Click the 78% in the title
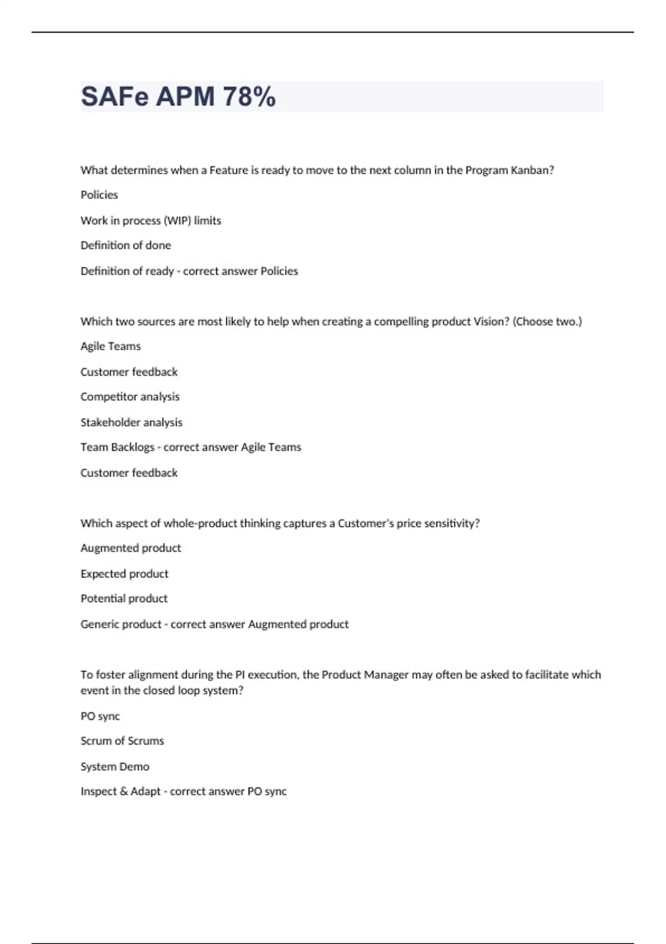point(249,97)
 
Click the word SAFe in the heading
point(115,97)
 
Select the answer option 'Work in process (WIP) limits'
point(150,220)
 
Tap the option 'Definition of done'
point(125,245)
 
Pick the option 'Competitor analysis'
point(130,397)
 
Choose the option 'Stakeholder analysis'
point(131,423)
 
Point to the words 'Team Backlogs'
point(117,448)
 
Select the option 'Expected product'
point(124,574)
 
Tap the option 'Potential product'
point(124,599)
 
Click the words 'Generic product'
point(120,624)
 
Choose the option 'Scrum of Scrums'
point(122,741)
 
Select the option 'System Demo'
point(115,767)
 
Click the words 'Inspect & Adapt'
point(120,792)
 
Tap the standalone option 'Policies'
point(99,195)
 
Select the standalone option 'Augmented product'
point(130,548)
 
